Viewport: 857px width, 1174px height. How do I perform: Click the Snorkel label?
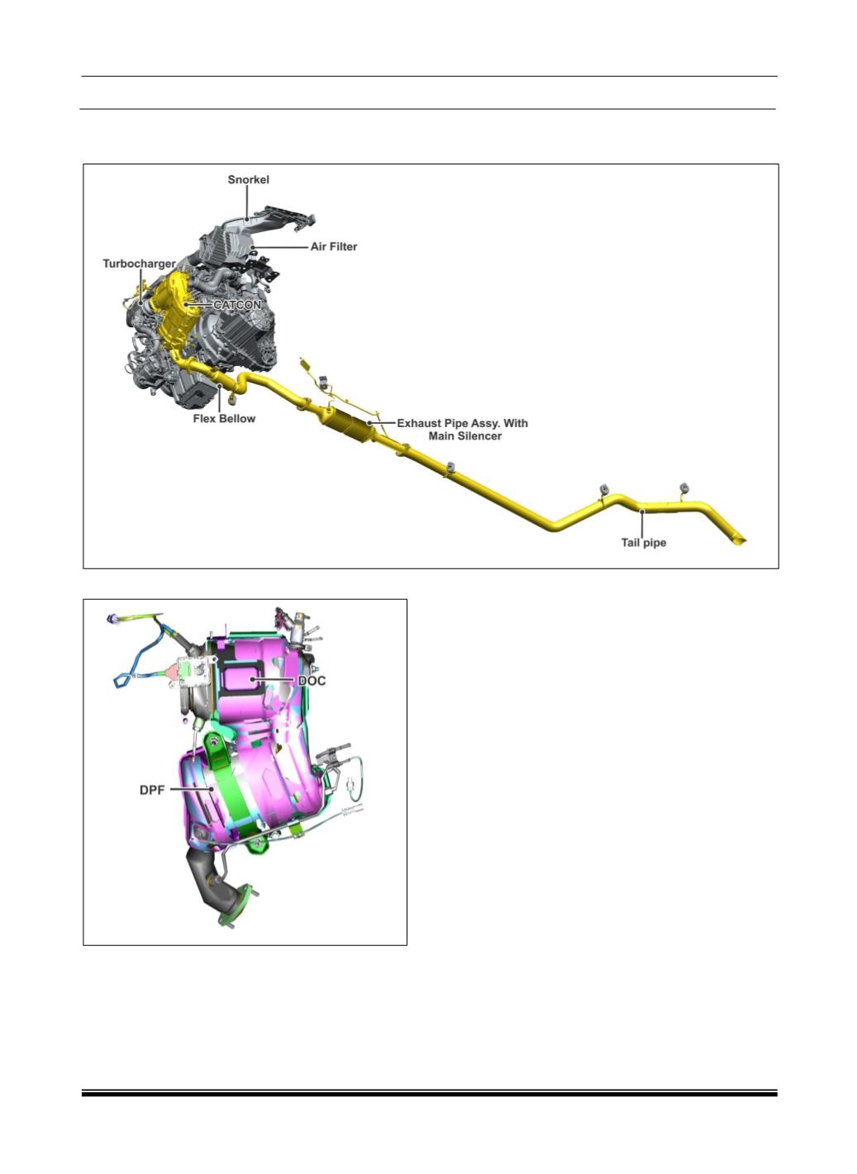[249, 180]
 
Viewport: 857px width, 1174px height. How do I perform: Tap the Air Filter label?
[333, 247]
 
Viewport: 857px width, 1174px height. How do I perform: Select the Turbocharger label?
[139, 264]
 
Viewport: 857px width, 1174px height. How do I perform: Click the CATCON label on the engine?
[237, 305]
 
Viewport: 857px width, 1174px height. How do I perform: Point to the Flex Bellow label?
[224, 419]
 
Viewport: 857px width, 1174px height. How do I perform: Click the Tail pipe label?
[644, 543]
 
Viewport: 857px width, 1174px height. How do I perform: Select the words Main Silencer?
[465, 436]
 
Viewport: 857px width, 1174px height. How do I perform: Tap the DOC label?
[312, 681]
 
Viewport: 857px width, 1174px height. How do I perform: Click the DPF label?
[152, 790]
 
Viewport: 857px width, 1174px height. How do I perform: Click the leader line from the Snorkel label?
[247, 203]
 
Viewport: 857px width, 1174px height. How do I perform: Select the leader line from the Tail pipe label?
[642, 523]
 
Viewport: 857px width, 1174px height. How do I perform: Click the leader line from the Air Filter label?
[279, 246]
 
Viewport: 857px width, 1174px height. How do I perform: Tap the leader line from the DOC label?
[274, 679]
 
